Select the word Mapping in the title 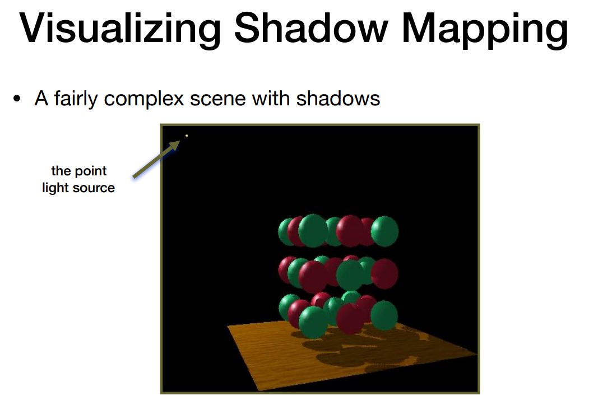pyautogui.click(x=485, y=30)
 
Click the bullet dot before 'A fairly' pyautogui.click(x=16, y=99)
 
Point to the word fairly pyautogui.click(x=76, y=99)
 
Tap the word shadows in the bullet pyautogui.click(x=338, y=99)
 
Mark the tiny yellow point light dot pyautogui.click(x=187, y=136)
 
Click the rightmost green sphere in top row pyautogui.click(x=384, y=231)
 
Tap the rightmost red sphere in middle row pyautogui.click(x=384, y=274)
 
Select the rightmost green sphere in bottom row pyautogui.click(x=384, y=315)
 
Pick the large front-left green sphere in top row pyautogui.click(x=313, y=230)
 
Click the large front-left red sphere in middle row pyautogui.click(x=313, y=277)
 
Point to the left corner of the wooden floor pyautogui.click(x=228, y=327)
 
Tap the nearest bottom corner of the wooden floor pyautogui.click(x=261, y=390)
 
